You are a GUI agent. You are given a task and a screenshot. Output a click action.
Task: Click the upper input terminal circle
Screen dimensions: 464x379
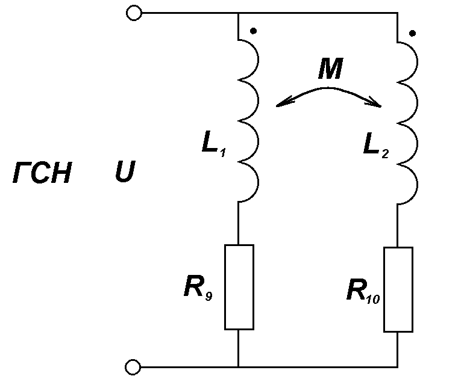pyautogui.click(x=134, y=13)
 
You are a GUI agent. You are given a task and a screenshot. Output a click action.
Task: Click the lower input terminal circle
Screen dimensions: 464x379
pyautogui.click(x=133, y=367)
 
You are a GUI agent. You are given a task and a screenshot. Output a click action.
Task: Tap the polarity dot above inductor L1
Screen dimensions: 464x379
pyautogui.click(x=253, y=31)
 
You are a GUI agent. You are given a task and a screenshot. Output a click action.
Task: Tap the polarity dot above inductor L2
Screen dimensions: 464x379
pyautogui.click(x=413, y=33)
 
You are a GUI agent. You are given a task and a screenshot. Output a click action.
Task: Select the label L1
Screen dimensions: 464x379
pyautogui.click(x=214, y=143)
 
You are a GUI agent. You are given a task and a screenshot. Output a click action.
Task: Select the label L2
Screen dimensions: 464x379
pyautogui.click(x=376, y=145)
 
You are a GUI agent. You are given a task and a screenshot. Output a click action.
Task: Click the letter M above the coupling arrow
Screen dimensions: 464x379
pyautogui.click(x=331, y=68)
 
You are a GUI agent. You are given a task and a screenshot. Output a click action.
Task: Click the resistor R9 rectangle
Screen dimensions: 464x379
pyautogui.click(x=239, y=287)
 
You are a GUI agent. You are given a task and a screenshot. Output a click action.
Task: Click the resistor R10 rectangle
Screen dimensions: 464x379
pyautogui.click(x=398, y=289)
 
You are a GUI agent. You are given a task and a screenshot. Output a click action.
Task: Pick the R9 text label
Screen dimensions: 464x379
pyautogui.click(x=198, y=287)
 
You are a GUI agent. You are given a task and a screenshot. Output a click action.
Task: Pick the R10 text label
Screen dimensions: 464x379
pyautogui.click(x=363, y=291)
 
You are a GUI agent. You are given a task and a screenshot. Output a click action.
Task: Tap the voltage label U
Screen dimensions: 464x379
pyautogui.click(x=125, y=171)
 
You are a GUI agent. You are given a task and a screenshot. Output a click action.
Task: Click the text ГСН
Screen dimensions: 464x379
pyautogui.click(x=42, y=173)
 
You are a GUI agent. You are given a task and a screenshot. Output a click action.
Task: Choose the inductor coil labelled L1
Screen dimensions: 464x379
pyautogui.click(x=248, y=120)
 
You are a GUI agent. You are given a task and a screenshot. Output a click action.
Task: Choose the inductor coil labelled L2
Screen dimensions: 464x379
pyautogui.click(x=408, y=122)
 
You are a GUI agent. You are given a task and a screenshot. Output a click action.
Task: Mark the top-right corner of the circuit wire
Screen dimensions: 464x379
pyautogui.click(x=398, y=13)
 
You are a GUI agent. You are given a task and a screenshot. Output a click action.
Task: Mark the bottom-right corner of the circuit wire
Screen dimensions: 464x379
pyautogui.click(x=398, y=367)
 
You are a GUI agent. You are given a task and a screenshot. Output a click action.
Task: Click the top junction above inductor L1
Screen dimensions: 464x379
pyautogui.click(x=238, y=13)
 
